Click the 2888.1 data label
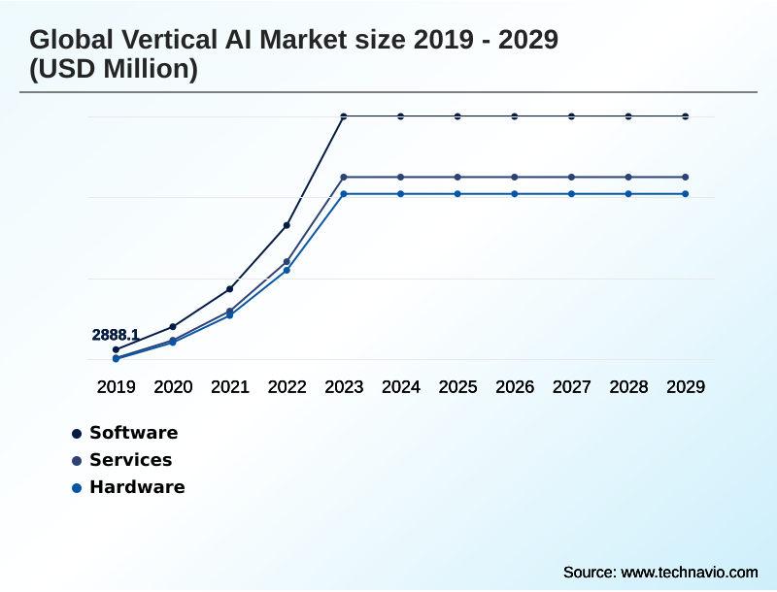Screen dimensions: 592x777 116,335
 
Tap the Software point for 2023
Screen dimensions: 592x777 344,116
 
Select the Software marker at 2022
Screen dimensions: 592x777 287,225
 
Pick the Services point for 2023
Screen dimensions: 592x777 344,177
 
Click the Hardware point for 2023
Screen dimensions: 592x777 344,194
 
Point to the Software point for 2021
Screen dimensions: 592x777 229,289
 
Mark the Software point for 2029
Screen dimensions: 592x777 686,116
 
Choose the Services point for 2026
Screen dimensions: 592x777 515,177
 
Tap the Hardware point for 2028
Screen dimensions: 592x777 628,194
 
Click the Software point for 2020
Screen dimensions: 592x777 173,326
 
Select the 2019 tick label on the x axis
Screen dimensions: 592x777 116,386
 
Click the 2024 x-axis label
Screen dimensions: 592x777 400,386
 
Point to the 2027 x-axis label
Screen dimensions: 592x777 571,386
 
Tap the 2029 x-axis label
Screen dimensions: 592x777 686,386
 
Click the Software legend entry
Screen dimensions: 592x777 133,433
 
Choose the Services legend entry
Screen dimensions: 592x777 130,460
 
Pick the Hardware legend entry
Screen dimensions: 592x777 136,487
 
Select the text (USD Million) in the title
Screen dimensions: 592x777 114,70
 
